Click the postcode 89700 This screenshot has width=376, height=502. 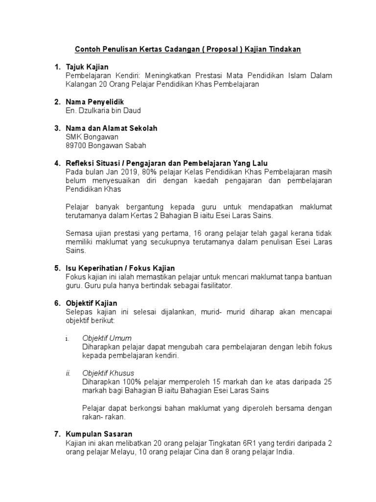click(x=76, y=146)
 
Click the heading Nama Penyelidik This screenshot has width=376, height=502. click(x=95, y=102)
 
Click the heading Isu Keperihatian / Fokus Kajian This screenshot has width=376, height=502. click(x=120, y=268)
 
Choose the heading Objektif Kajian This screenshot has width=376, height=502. click(x=92, y=303)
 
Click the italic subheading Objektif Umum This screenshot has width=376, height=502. click(x=107, y=338)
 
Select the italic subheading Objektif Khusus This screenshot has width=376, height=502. click(x=108, y=374)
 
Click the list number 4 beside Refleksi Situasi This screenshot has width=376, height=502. click(x=57, y=163)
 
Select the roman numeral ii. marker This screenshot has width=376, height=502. click(x=69, y=374)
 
